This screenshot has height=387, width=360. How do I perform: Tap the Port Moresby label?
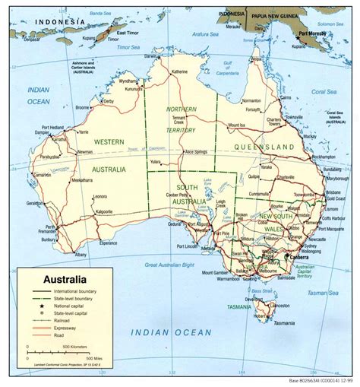pyautogui.click(x=313, y=34)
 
